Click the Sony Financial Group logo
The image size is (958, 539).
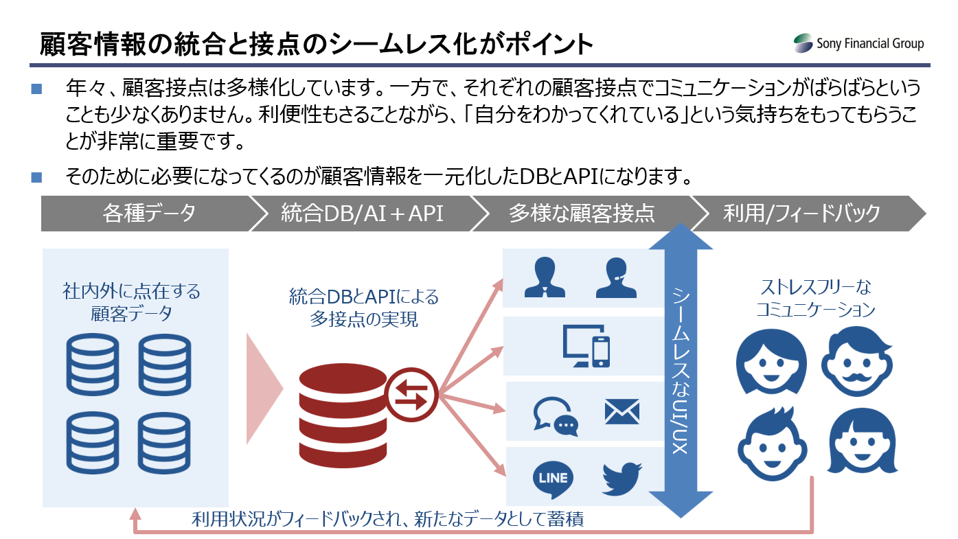(x=858, y=44)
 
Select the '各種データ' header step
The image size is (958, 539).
(x=148, y=213)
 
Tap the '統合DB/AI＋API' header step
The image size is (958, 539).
(x=362, y=213)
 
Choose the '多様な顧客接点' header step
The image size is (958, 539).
(x=581, y=213)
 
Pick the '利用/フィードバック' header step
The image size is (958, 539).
(x=801, y=213)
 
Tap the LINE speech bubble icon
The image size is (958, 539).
(x=553, y=478)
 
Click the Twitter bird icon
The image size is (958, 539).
(x=621, y=478)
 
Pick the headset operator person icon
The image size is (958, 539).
(x=616, y=277)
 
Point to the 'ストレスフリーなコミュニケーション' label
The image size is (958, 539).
(x=815, y=298)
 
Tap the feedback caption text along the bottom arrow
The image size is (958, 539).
(x=388, y=518)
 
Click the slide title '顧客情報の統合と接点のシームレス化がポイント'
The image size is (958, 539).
(x=316, y=43)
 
